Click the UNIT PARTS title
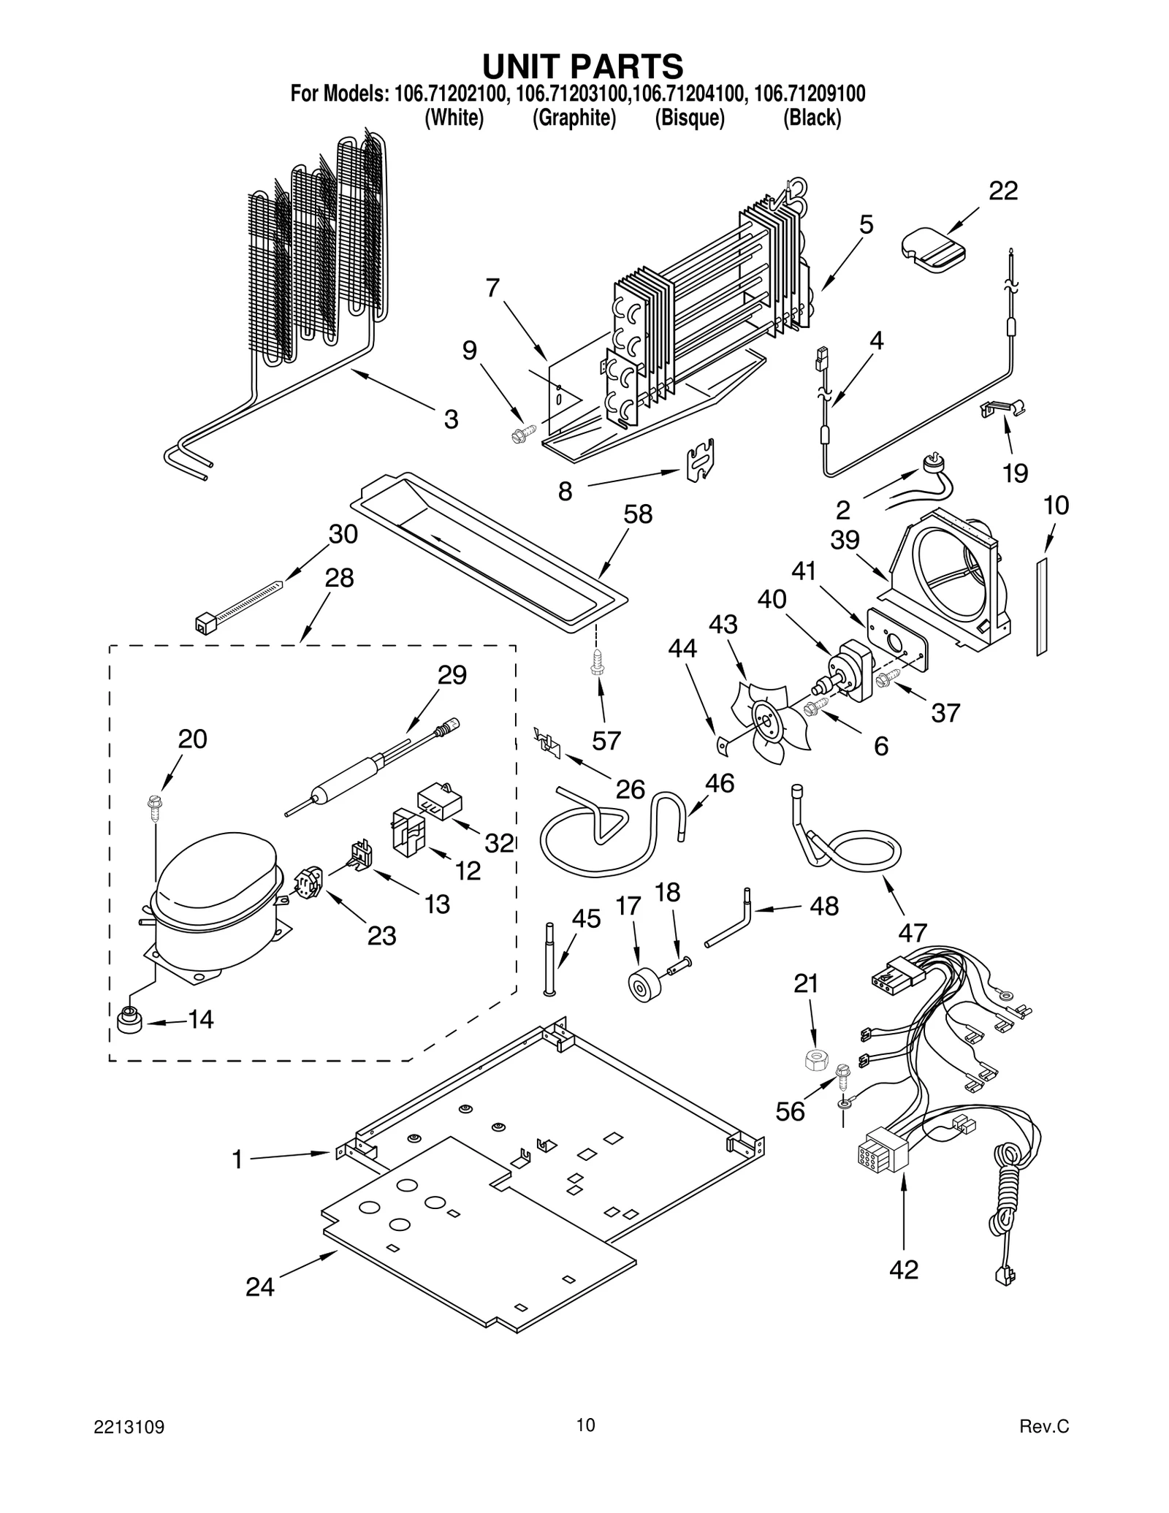coord(582,66)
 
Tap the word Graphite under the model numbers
coord(574,118)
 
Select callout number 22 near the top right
coord(1002,191)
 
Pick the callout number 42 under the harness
coord(903,1270)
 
